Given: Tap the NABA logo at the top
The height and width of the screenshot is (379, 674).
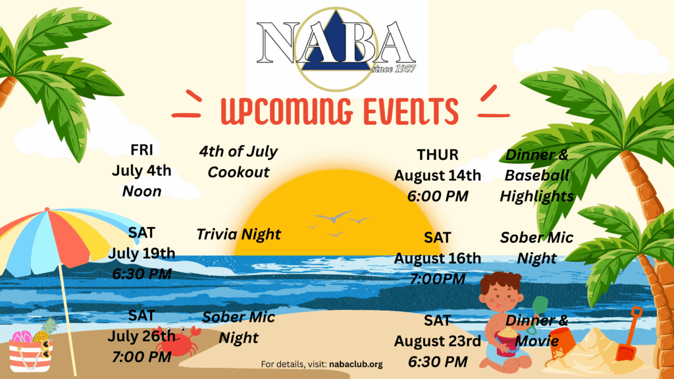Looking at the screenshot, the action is pos(336,48).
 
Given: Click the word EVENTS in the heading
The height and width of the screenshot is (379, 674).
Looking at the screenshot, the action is pos(411,111).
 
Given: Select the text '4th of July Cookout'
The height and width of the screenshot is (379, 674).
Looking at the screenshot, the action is pos(238,162).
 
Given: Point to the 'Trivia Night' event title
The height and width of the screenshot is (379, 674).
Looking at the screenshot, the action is pos(238,234).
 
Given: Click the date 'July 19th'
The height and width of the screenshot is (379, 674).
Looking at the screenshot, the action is pos(142,253).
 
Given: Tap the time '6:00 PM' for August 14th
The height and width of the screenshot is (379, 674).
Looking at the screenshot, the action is pos(438,196).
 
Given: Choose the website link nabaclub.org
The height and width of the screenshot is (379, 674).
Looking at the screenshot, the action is pos(356,365).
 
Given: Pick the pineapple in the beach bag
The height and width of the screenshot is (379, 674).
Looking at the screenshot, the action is pos(45,330).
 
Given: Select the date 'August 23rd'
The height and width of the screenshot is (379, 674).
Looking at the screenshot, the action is pos(438,341).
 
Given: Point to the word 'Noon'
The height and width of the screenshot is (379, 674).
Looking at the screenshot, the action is pos(142,191).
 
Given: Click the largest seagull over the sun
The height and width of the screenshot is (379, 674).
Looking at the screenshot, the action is pos(334,216).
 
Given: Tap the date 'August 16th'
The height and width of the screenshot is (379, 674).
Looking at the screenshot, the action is pos(438,258).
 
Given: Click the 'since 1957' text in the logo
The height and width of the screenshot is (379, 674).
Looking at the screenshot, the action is pos(394,68).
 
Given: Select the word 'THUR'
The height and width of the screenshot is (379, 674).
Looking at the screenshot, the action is pos(438,155).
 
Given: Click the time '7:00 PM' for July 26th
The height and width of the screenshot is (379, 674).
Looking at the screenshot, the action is pos(142,357).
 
